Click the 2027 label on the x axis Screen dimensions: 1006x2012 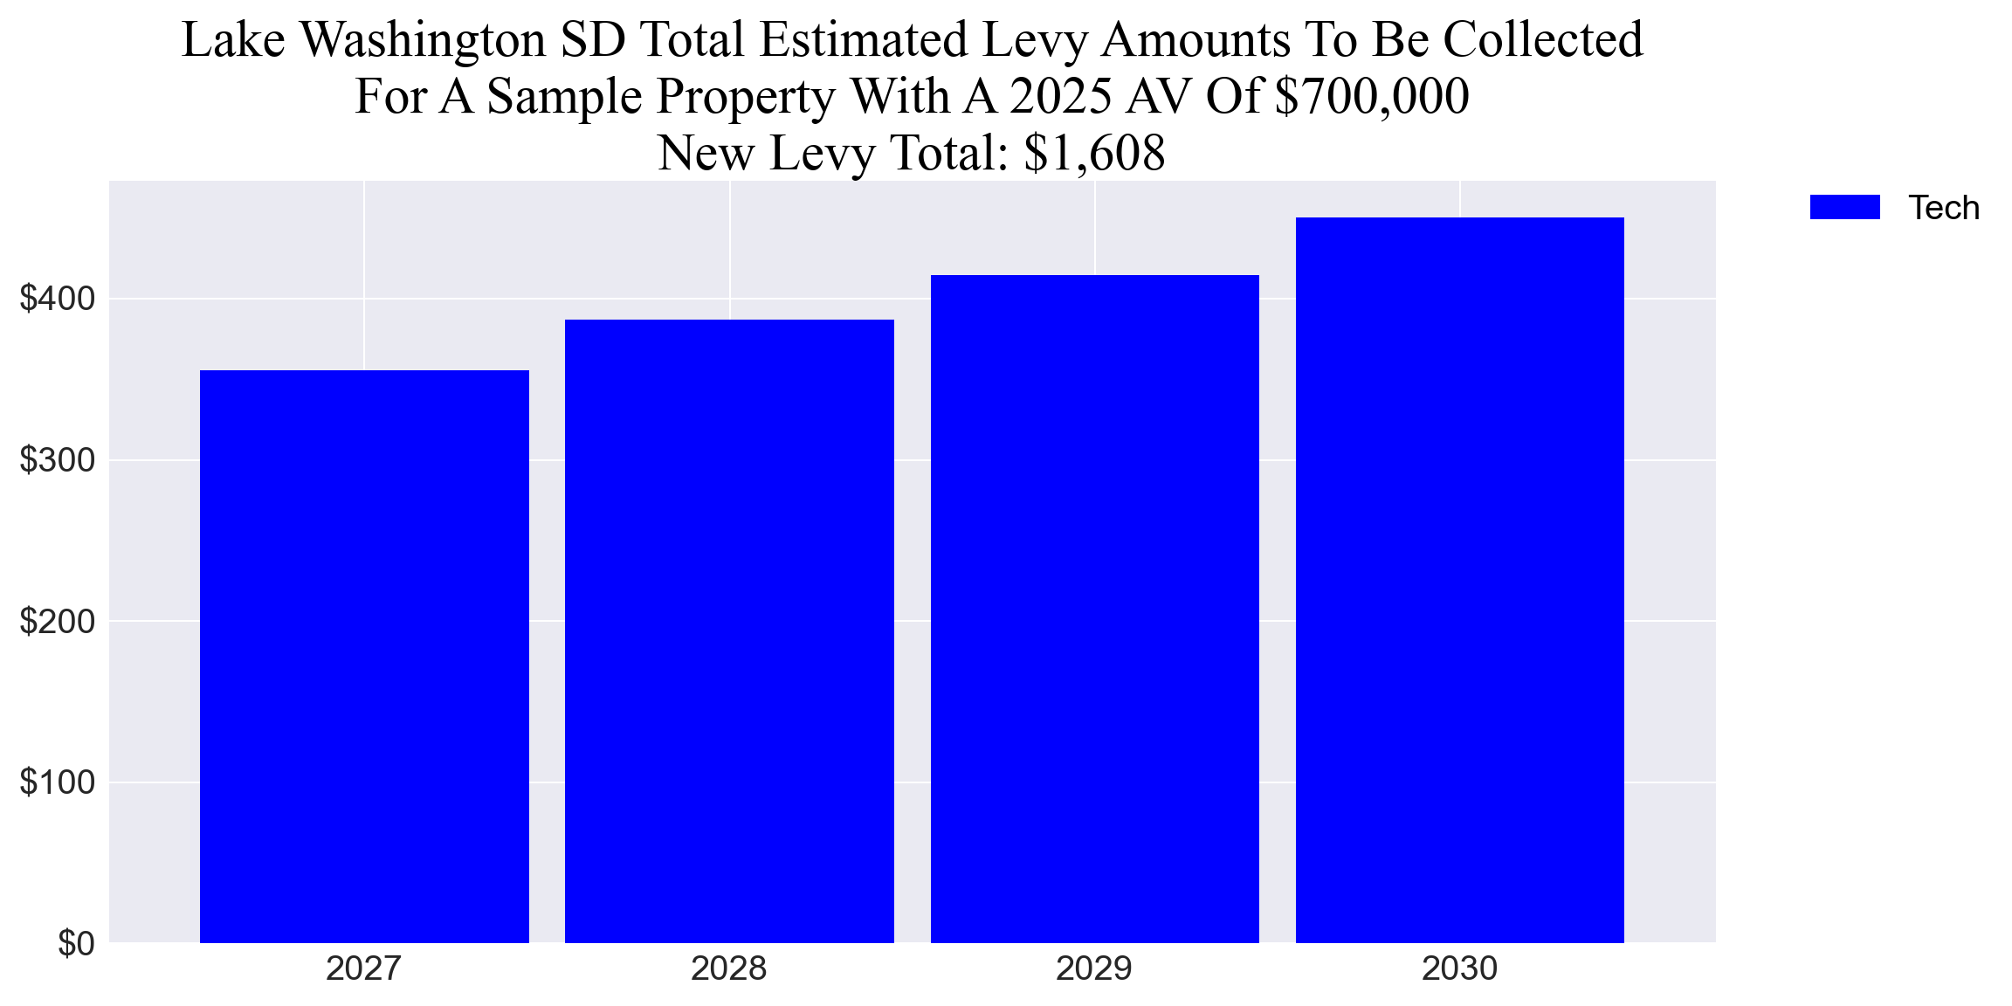point(363,969)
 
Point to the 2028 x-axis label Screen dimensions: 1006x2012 point(728,969)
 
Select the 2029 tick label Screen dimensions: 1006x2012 point(1093,969)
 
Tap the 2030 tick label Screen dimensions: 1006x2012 point(1459,969)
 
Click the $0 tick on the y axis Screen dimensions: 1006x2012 point(76,944)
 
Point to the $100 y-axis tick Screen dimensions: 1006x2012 point(58,782)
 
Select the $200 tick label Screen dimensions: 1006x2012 point(58,622)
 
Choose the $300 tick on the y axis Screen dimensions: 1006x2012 point(58,460)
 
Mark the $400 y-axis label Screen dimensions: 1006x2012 point(58,300)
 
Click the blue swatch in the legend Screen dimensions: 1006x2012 point(1844,208)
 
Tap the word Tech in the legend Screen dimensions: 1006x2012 point(1943,209)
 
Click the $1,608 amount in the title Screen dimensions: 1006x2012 point(1094,154)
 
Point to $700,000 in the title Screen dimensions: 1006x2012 point(1371,96)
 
